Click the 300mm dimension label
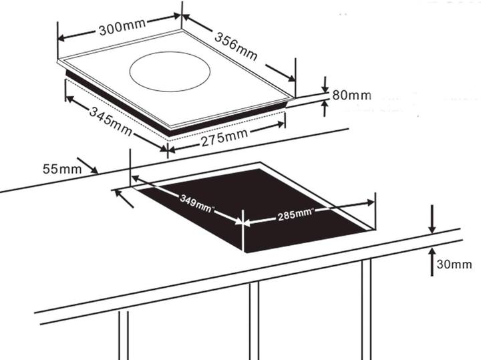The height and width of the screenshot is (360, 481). click(x=122, y=27)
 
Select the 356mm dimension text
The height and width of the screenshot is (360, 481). click(x=236, y=46)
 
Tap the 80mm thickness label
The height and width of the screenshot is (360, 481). click(x=351, y=96)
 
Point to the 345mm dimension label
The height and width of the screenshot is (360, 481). click(x=111, y=121)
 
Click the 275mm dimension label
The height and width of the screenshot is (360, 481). click(x=224, y=138)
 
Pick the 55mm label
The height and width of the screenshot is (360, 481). click(x=62, y=169)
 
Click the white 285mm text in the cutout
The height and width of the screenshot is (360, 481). click(x=295, y=214)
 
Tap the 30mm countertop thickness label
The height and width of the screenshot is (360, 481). click(x=454, y=264)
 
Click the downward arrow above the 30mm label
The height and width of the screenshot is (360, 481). click(x=432, y=220)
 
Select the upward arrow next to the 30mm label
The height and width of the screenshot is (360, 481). click(x=432, y=262)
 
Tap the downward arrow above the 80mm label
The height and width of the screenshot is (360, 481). click(x=325, y=84)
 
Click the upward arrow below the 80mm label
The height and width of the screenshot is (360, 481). click(x=325, y=109)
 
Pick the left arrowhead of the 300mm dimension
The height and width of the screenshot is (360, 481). click(x=61, y=38)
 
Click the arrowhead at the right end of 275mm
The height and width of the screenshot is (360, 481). click(x=281, y=124)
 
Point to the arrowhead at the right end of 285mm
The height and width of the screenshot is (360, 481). click(x=370, y=202)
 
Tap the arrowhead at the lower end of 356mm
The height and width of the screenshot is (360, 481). click(x=291, y=78)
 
